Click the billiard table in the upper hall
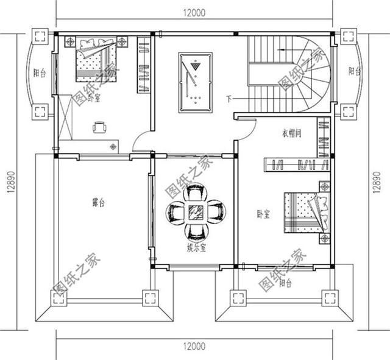pos(193,83)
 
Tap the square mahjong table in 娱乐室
pos(196,213)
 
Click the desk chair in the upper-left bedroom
pos(99,127)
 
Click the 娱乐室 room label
pos(196,247)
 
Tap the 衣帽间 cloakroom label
pos(292,133)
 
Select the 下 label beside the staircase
pos(229,99)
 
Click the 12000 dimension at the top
pos(193,12)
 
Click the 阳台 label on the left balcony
pos(40,73)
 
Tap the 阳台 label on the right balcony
pos(353,71)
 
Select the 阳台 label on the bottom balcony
pos(285,283)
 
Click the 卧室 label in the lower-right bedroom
pos(263,214)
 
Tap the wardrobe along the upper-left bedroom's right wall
pos(143,65)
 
